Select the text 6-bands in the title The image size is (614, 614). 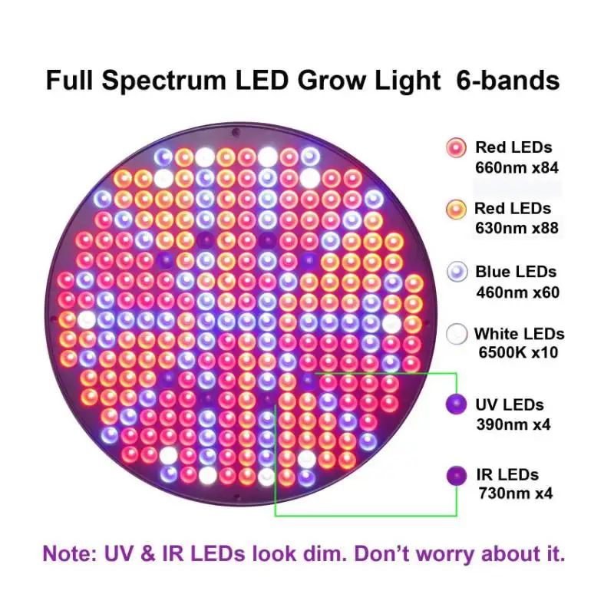coord(508,81)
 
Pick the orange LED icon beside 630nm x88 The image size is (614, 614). coord(457,208)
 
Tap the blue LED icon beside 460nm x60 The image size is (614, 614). coord(457,272)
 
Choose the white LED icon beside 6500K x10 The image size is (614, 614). coord(457,334)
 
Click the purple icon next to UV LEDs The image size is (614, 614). coord(457,404)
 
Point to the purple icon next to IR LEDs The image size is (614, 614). coord(457,474)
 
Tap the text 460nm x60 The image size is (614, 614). coord(517,292)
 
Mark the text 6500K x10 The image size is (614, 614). coord(517,354)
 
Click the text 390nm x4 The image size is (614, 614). coord(514,424)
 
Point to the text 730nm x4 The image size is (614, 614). coord(514,493)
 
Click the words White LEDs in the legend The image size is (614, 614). coord(520,334)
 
